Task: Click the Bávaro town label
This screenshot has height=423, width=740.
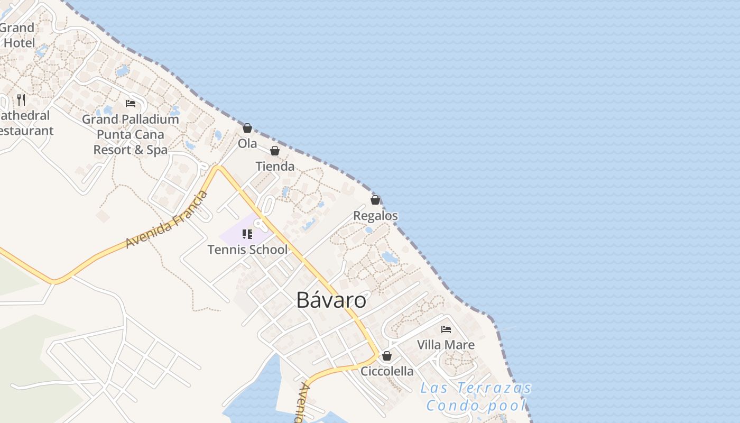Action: pyautogui.click(x=331, y=300)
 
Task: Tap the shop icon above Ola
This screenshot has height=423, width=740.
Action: pyautogui.click(x=247, y=128)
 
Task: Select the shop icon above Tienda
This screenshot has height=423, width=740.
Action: pyautogui.click(x=274, y=151)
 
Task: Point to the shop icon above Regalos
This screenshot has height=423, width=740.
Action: pyautogui.click(x=375, y=200)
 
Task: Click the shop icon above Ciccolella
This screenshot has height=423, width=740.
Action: pyautogui.click(x=387, y=356)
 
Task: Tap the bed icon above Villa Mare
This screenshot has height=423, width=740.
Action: pyautogui.click(x=446, y=329)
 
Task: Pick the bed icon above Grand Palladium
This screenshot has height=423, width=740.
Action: pyautogui.click(x=131, y=104)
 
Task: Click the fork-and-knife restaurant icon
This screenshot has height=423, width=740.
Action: pyautogui.click(x=21, y=99)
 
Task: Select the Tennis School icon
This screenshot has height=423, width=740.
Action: pyautogui.click(x=247, y=234)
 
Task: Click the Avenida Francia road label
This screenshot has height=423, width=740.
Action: pyautogui.click(x=166, y=220)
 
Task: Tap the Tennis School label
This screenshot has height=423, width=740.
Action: pyautogui.click(x=247, y=250)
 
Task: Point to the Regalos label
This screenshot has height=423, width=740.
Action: pyautogui.click(x=375, y=216)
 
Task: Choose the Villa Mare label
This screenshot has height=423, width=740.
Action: pyautogui.click(x=446, y=345)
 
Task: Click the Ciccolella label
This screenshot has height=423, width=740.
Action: pyautogui.click(x=387, y=371)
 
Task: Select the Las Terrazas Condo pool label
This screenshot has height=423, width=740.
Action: pyautogui.click(x=476, y=397)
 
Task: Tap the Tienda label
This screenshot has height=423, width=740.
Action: pyautogui.click(x=275, y=167)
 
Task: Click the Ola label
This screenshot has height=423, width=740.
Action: pyautogui.click(x=247, y=143)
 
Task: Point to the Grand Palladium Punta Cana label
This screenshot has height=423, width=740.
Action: pyautogui.click(x=131, y=134)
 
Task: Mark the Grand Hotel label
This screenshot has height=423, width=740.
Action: pyautogui.click(x=18, y=35)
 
